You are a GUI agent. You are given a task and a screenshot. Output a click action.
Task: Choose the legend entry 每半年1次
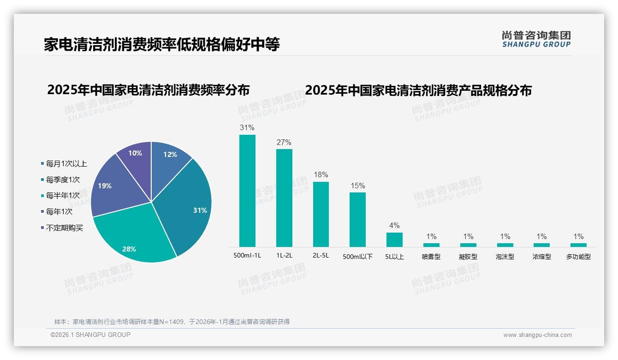click(x=63, y=196)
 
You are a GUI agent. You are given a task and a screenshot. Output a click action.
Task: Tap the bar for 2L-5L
click(x=321, y=214)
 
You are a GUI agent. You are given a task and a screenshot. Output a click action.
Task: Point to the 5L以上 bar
click(x=394, y=240)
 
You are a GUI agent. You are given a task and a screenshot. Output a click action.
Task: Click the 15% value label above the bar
click(x=357, y=186)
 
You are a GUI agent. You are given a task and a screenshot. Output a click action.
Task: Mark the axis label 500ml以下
click(x=357, y=257)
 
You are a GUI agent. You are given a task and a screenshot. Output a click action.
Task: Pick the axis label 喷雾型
click(x=431, y=257)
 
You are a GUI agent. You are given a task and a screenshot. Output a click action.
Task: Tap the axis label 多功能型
click(x=578, y=257)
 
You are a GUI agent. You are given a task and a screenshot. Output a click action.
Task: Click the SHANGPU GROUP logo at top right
click(x=536, y=39)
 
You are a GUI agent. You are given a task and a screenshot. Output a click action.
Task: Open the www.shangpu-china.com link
click(x=537, y=335)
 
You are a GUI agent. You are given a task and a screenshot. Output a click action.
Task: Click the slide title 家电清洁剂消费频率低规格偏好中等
click(x=162, y=45)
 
